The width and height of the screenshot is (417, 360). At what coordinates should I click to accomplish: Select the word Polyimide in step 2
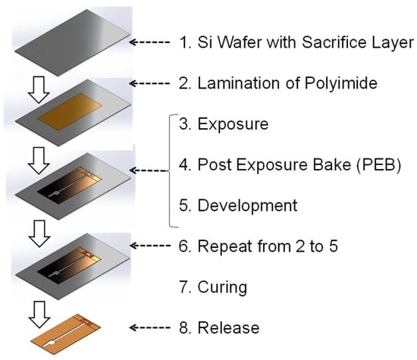click(341, 83)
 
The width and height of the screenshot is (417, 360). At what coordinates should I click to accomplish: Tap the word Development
click(247, 206)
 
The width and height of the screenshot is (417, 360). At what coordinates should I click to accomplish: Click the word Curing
click(222, 288)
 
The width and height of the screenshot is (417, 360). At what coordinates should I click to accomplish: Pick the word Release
click(228, 328)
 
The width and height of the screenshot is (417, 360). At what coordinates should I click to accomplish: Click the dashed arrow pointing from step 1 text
click(149, 42)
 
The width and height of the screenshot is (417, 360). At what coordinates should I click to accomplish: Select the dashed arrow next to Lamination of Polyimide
click(149, 83)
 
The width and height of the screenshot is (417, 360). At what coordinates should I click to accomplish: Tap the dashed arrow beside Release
click(149, 327)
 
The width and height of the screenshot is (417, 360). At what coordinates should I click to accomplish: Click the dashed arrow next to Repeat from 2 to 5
click(149, 246)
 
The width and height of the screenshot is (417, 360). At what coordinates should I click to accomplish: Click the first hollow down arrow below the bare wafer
click(39, 89)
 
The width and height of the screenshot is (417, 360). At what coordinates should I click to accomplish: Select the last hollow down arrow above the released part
click(39, 315)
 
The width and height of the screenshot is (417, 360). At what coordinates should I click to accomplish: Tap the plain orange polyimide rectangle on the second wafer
click(70, 111)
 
